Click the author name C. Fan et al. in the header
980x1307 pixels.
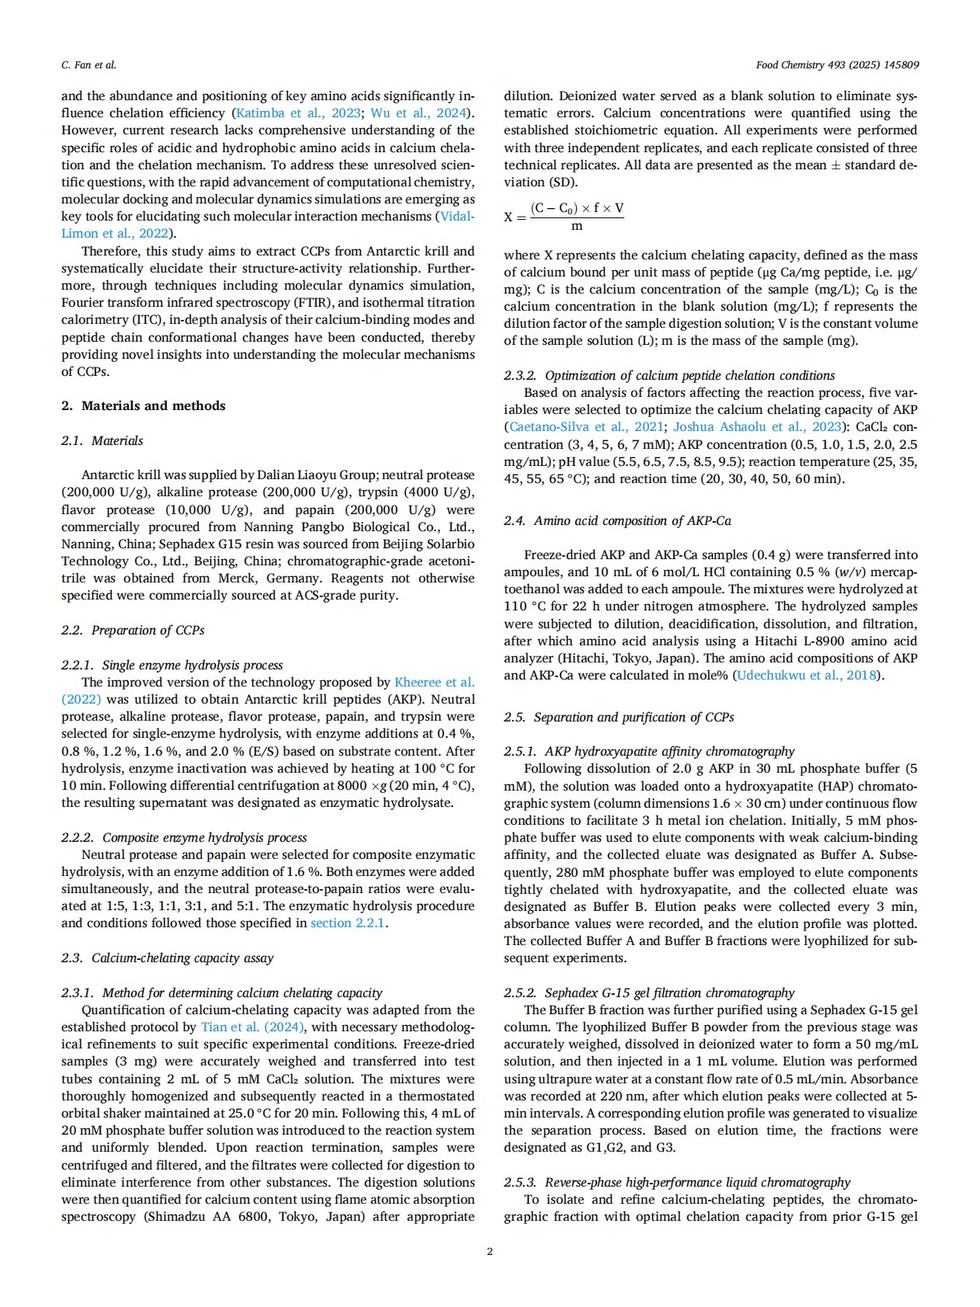click(89, 65)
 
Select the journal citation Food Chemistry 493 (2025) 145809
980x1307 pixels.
click(837, 65)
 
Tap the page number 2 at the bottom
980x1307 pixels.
click(489, 1251)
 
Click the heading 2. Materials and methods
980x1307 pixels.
click(144, 405)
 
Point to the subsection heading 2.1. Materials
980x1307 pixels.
click(102, 440)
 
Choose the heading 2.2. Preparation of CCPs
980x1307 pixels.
click(133, 630)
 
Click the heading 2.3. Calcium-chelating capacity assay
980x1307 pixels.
click(167, 958)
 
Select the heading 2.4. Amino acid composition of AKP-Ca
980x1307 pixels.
click(617, 520)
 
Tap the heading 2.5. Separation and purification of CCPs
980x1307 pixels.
click(619, 717)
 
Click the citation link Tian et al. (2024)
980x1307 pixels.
click(253, 1027)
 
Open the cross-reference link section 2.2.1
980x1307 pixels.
click(347, 923)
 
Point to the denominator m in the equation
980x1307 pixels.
click(577, 227)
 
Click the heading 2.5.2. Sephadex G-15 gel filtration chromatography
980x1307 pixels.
click(649, 992)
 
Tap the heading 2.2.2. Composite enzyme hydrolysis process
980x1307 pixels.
click(184, 837)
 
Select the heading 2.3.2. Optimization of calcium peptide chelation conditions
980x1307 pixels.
click(669, 375)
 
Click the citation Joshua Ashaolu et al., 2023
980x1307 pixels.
click(757, 426)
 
